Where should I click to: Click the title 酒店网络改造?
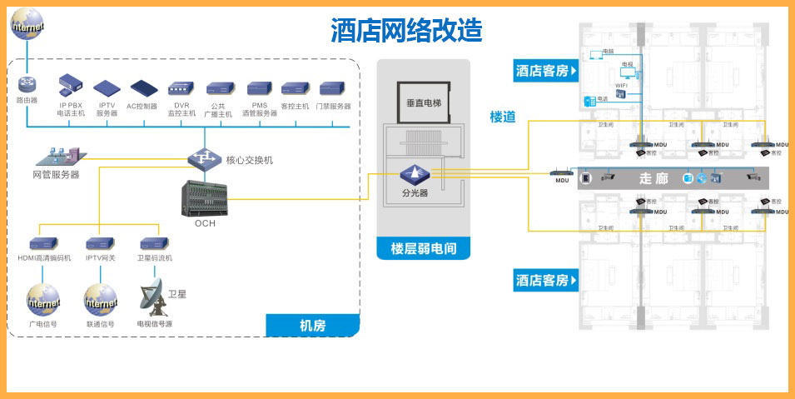tap(406, 31)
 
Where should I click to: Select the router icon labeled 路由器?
tap(27, 85)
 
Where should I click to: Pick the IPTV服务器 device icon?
tap(107, 88)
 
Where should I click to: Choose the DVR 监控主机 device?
tap(181, 89)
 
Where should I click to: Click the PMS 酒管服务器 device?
tap(259, 89)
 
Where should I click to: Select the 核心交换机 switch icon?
tap(203, 157)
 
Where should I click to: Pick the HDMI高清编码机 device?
tap(44, 244)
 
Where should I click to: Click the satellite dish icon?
tap(152, 295)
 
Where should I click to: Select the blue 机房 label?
tap(312, 326)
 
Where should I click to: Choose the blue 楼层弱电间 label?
tap(423, 247)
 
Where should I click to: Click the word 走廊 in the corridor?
tap(653, 178)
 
